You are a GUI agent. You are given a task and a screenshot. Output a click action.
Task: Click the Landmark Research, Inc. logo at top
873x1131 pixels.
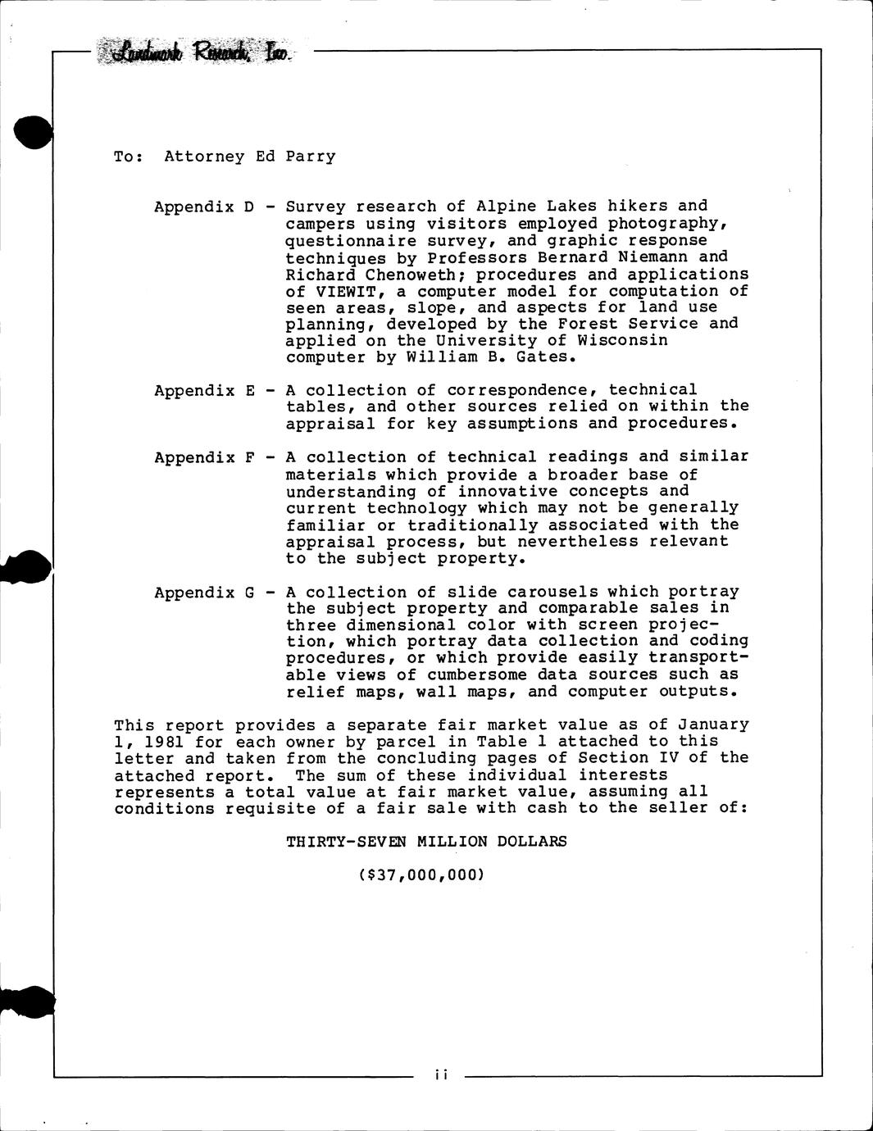click(194, 53)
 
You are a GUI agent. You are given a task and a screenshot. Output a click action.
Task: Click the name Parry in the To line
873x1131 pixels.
click(310, 157)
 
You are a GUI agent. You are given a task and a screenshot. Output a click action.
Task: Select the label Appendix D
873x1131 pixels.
click(205, 207)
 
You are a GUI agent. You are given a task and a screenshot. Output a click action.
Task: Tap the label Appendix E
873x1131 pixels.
click(205, 391)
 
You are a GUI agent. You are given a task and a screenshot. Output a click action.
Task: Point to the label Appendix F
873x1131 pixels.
click(205, 457)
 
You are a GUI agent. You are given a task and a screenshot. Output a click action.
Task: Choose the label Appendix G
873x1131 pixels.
click(205, 593)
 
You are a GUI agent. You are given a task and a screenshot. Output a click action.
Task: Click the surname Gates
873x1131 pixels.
click(547, 357)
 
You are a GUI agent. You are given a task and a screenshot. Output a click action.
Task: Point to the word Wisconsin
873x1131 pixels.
click(628, 340)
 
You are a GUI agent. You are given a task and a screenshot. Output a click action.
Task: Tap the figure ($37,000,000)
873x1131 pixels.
click(421, 874)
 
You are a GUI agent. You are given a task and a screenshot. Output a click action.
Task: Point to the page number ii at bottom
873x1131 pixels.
click(439, 1074)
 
